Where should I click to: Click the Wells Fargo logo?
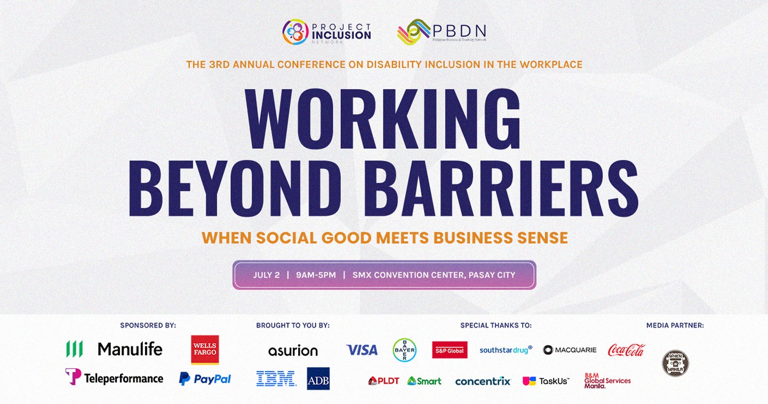205,350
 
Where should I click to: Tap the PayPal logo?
205,379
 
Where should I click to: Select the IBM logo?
276,378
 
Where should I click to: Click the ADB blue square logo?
318,378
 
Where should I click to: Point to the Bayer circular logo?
404,350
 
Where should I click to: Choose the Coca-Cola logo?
626,350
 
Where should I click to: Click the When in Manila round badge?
675,363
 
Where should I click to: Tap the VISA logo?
362,350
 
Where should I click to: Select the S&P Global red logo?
450,350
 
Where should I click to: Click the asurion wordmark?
293,351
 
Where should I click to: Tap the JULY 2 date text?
266,275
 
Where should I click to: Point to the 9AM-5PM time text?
316,275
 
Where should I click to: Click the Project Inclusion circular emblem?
295,32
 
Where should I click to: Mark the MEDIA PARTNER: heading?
675,325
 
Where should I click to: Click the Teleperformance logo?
114,378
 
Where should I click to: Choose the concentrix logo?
483,381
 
